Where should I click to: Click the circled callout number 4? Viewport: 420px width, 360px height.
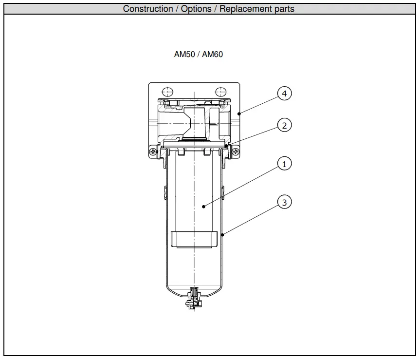coord(285,93)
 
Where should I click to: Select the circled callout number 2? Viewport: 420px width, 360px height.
coord(285,125)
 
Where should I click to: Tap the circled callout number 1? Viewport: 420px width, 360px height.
coord(285,164)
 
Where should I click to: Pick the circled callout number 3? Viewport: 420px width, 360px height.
coord(285,201)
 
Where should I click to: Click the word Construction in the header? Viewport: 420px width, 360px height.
coord(147,9)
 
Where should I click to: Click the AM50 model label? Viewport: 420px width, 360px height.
coord(184,55)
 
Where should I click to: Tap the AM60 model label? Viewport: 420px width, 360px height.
coord(212,55)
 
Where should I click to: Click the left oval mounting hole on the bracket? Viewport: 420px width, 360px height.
coord(167,91)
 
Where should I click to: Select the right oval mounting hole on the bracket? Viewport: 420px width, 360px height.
coord(221,91)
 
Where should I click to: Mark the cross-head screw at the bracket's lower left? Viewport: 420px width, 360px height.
coord(154,152)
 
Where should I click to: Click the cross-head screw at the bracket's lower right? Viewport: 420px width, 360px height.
coord(235,152)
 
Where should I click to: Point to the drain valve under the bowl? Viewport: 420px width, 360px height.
coord(194,299)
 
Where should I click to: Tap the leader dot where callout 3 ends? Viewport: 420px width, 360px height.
coord(222,235)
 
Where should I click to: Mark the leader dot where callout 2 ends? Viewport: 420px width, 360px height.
coord(227,145)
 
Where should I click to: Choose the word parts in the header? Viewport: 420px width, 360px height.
coord(284,9)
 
